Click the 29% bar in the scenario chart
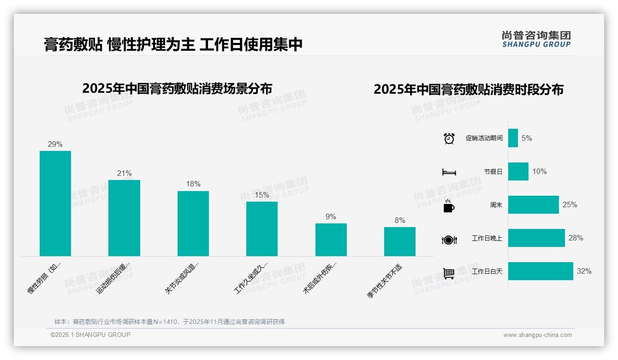tap(55, 203)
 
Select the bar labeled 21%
tap(124, 218)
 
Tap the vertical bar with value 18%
tap(193, 223)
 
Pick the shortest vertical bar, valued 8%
tap(400, 241)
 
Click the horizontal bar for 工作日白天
tap(541, 271)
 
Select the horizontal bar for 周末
tap(533, 204)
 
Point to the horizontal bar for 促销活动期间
tap(513, 138)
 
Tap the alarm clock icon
tap(449, 138)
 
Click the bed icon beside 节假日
tap(449, 172)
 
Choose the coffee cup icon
tap(449, 206)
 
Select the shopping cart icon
tap(449, 273)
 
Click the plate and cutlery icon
tap(449, 240)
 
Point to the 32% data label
tap(584, 271)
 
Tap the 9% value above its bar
tap(331, 217)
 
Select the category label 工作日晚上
tap(487, 238)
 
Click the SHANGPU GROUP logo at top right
tap(536, 39)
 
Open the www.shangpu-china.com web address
tap(537, 335)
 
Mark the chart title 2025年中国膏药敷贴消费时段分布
tap(469, 90)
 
